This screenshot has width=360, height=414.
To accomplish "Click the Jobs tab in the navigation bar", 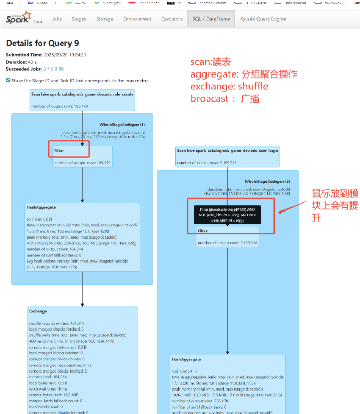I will click(x=56, y=19).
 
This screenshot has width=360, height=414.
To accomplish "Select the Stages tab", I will click(x=79, y=19).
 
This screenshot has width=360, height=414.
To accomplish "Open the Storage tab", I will click(x=105, y=19).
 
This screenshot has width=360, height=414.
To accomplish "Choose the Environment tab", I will click(x=137, y=19).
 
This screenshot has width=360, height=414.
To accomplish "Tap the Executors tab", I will click(x=172, y=19).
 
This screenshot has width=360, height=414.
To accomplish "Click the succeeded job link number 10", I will click(x=61, y=69).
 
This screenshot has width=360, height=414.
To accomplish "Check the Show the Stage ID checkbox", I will click(x=8, y=81).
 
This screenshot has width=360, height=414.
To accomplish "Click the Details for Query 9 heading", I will click(x=42, y=43).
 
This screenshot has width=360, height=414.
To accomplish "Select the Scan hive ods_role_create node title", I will click(x=82, y=94).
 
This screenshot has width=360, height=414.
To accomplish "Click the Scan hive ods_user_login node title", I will click(x=227, y=150).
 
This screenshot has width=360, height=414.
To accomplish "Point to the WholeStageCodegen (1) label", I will click(x=122, y=124).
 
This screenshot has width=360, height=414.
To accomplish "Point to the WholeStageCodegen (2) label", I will click(x=268, y=181).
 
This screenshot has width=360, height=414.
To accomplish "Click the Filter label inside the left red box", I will click(x=58, y=150).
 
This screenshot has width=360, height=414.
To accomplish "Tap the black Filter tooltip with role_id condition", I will click(x=227, y=215).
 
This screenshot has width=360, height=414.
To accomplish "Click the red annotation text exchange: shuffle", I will click(x=229, y=86).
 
